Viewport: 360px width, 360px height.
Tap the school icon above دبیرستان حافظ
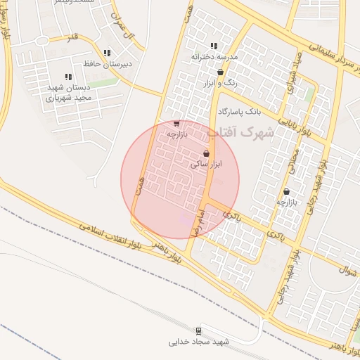click(x=107, y=53)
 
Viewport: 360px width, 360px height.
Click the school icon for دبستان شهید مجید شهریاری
click(x=68, y=77)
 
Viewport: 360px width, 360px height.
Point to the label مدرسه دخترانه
click(x=214, y=56)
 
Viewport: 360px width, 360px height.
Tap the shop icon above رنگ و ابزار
click(x=221, y=72)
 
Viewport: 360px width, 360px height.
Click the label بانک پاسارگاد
click(x=239, y=112)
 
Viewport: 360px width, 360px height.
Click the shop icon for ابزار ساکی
click(x=206, y=153)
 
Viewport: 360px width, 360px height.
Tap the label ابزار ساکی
click(x=206, y=164)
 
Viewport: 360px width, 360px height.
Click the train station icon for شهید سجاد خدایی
click(x=199, y=331)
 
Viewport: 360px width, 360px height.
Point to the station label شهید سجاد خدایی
click(x=198, y=342)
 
